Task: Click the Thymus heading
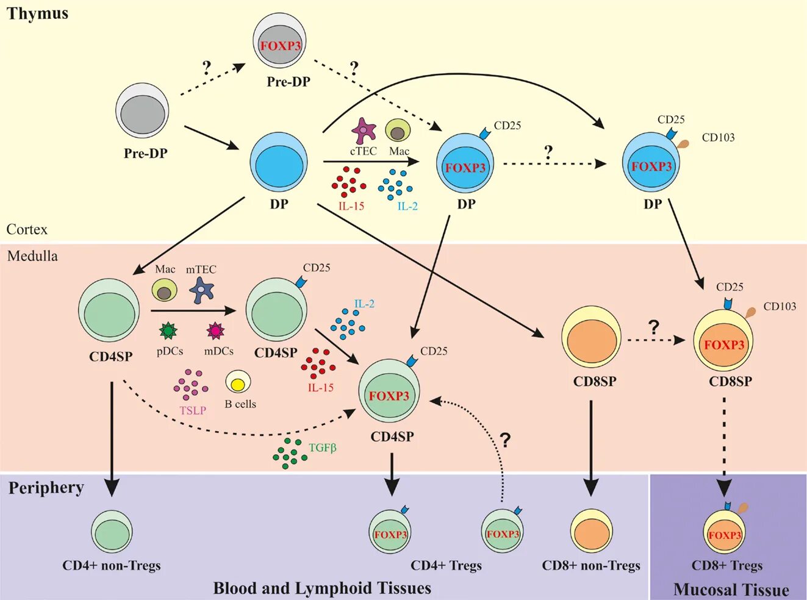click(x=37, y=13)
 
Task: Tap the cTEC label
click(x=363, y=151)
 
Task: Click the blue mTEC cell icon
click(x=201, y=290)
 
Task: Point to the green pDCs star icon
click(x=168, y=330)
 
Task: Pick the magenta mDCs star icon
click(x=215, y=330)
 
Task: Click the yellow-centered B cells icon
click(x=238, y=383)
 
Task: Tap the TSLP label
click(x=193, y=410)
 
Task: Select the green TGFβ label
click(x=323, y=448)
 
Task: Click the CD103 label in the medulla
click(x=780, y=306)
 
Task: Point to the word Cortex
click(x=27, y=230)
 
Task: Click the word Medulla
click(x=32, y=256)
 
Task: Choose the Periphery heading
click(x=46, y=488)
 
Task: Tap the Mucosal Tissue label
click(x=731, y=590)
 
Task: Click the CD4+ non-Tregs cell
click(x=112, y=532)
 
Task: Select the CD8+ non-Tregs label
click(x=591, y=566)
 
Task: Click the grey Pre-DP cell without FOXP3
click(x=142, y=110)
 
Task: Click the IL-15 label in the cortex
click(x=351, y=206)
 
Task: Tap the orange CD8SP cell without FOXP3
click(x=592, y=340)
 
